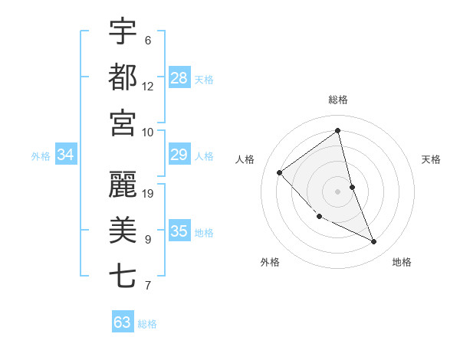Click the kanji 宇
tap(123, 32)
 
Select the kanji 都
tap(123, 77)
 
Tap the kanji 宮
tap(123, 123)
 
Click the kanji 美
tap(123, 230)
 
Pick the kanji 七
tap(123, 276)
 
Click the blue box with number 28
tap(179, 78)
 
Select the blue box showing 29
tap(179, 155)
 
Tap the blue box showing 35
tap(179, 232)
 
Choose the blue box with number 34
tap(66, 155)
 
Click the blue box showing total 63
tap(123, 322)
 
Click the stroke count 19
tap(149, 194)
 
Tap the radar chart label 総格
tap(338, 100)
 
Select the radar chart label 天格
tap(432, 159)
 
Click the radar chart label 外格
tap(270, 262)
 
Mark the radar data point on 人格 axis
tap(280, 172)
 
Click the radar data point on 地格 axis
tap(374, 242)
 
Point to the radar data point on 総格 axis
tap(338, 130)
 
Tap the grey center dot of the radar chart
tap(338, 191)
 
